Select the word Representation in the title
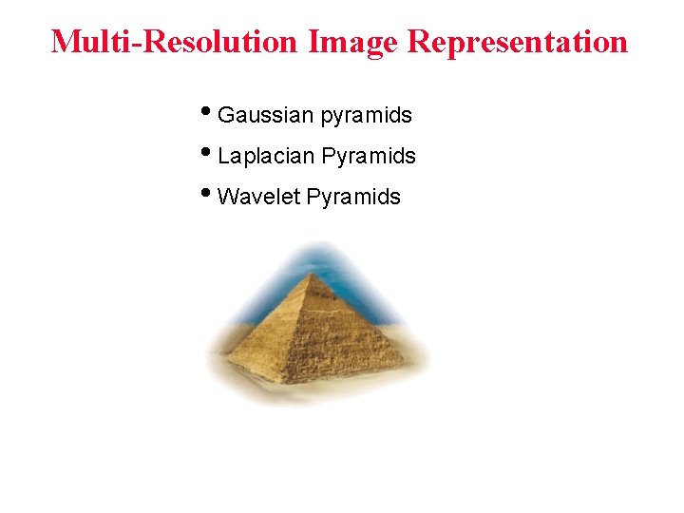(518, 42)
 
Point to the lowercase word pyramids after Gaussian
(366, 117)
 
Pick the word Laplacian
(267, 157)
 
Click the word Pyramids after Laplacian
(369, 157)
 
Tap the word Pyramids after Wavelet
(353, 198)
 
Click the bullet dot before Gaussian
(208, 113)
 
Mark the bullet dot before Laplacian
(208, 153)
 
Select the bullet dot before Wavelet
(208, 194)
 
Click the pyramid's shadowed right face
(361, 337)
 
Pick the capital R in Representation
(421, 42)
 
